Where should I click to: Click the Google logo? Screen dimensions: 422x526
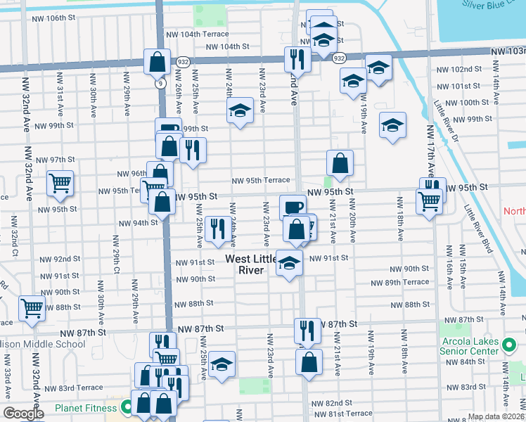point(23,414)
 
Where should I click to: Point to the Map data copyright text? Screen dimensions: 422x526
point(495,416)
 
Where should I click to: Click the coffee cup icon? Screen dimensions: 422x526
point(293,207)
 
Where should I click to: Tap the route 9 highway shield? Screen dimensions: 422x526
point(161,83)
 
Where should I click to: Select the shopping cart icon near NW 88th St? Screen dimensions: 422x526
point(32,307)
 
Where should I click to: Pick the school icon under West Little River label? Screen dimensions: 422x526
point(288,264)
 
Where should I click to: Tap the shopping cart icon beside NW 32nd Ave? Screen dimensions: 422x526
point(60,183)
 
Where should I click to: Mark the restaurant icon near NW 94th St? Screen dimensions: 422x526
point(217,227)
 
